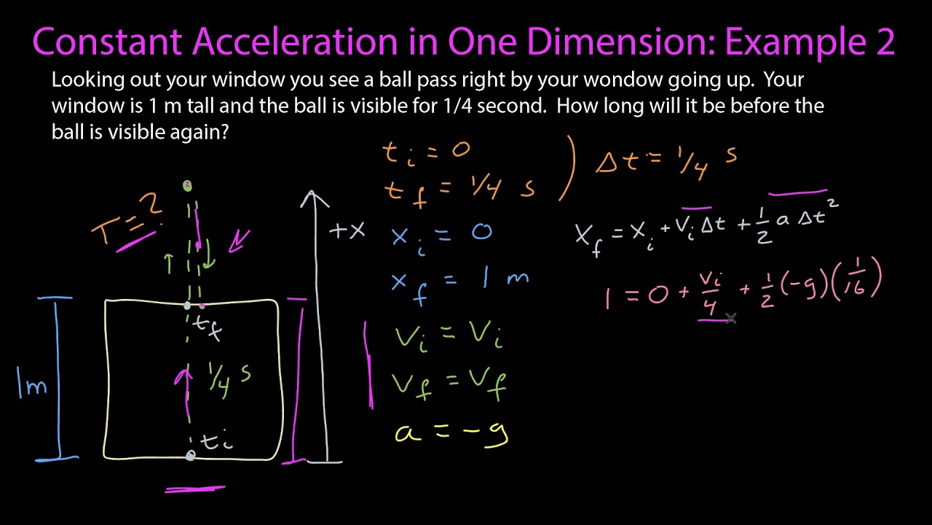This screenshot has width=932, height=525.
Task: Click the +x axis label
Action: [x=347, y=231]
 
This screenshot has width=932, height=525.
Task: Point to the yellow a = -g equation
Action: [x=451, y=432]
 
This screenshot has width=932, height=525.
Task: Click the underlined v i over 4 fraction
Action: [x=708, y=292]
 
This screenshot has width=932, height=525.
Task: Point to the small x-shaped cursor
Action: [x=731, y=318]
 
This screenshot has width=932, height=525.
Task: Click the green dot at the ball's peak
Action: [x=188, y=186]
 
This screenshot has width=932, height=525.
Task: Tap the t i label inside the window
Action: [x=216, y=441]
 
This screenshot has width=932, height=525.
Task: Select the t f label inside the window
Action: [x=210, y=329]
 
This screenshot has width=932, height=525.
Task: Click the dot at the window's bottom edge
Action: [x=191, y=456]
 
